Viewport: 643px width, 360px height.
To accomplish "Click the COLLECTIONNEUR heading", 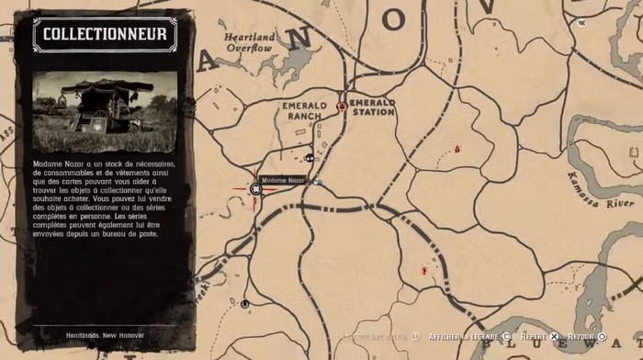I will point(105,35).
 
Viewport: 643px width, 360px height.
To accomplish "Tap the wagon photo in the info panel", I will point(105,113).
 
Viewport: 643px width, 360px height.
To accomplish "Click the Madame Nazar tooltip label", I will point(282,179).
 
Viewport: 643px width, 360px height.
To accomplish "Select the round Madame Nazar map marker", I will point(257,188).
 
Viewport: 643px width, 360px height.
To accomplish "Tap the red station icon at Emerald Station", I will point(342,107).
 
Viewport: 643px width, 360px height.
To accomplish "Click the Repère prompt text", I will point(533,337).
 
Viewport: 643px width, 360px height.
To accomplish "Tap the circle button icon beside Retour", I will point(603,337).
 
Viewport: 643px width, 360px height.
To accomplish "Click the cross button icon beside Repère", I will point(555,337).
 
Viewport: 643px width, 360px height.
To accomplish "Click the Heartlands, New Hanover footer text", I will point(104,333).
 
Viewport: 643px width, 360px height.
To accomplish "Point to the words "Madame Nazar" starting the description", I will point(57,163).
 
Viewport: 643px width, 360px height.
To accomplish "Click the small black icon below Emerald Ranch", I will point(310,157).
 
